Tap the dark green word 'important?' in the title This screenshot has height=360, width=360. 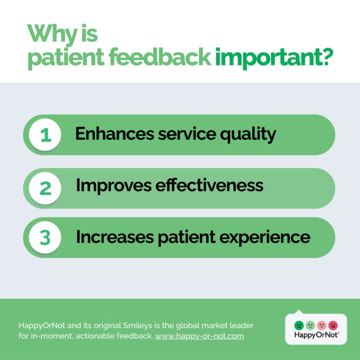[x=274, y=58]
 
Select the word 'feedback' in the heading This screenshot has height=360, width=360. [x=160, y=57]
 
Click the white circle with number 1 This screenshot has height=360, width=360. [x=45, y=135]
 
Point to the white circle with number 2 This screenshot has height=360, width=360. [x=45, y=188]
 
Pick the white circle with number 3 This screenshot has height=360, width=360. [x=45, y=237]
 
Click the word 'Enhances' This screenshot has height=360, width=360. [x=114, y=134]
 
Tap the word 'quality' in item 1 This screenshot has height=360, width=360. [x=248, y=135]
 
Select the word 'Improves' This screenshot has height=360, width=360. [x=113, y=186]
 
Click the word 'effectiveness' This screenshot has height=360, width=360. [x=209, y=185]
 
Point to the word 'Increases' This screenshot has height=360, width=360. [x=115, y=237]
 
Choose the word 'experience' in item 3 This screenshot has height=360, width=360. [x=265, y=238]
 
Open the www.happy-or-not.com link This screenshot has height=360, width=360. [x=199, y=336]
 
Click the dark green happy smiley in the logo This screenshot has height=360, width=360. [x=299, y=325]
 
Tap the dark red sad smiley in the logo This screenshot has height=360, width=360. [x=333, y=325]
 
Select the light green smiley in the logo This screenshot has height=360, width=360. [x=310, y=325]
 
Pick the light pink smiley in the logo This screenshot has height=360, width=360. [x=322, y=325]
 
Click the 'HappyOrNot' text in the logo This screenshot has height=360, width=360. [x=316, y=335]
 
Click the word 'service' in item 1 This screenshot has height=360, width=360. [x=187, y=134]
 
